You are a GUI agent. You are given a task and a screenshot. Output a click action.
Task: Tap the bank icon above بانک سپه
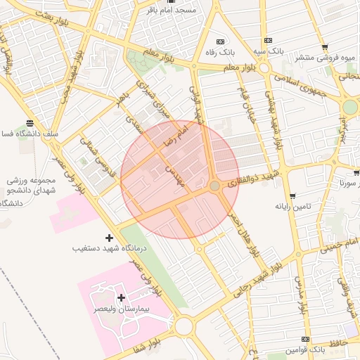[267, 40]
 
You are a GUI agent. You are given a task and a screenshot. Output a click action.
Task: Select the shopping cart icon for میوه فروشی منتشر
[324, 47]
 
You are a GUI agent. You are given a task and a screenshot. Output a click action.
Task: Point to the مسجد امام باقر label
[172, 10]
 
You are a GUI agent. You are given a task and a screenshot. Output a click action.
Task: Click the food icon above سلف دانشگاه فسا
[28, 122]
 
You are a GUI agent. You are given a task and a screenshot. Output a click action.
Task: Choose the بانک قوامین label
[305, 349]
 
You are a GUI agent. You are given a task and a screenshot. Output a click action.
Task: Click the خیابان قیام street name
[246, 105]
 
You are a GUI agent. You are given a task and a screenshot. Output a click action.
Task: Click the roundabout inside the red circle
[214, 186]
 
